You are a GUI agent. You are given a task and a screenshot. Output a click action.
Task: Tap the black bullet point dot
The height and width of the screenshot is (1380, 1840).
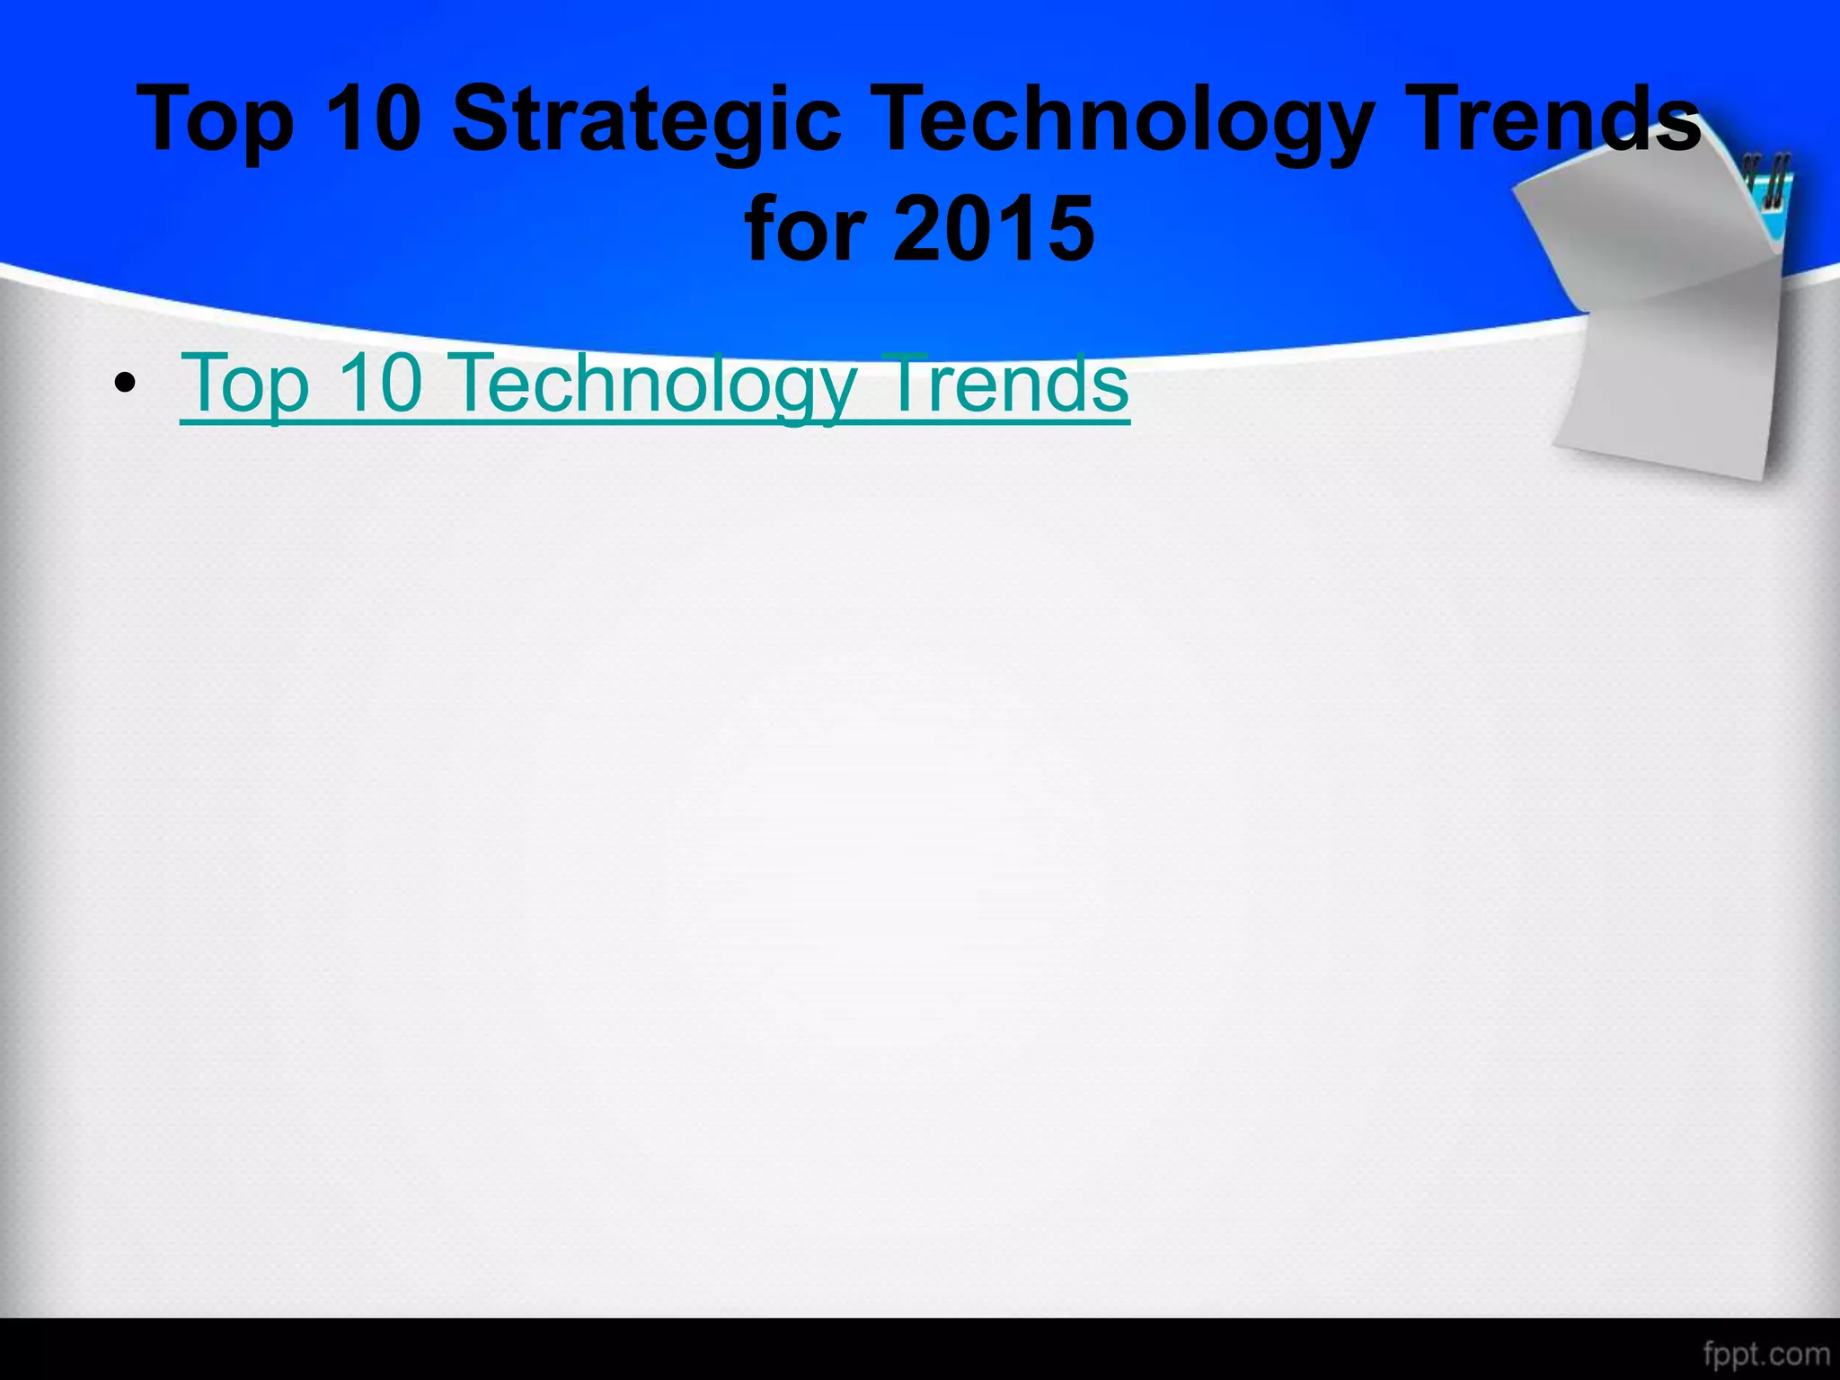coord(126,385)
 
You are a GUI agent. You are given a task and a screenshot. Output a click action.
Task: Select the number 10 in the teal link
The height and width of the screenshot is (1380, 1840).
coord(380,383)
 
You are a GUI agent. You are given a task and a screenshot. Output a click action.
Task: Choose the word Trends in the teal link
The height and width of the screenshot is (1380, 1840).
coord(1004,383)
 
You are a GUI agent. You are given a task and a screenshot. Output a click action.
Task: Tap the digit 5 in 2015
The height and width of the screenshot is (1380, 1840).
coord(1066,230)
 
